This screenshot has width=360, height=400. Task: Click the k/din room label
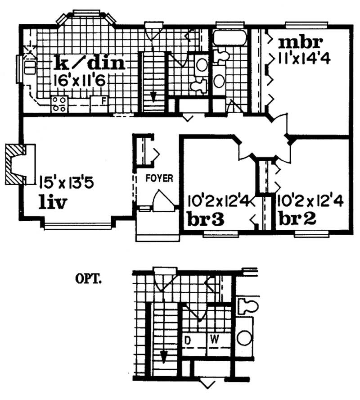(x=89, y=63)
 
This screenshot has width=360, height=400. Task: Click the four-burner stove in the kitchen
(x=59, y=104)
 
